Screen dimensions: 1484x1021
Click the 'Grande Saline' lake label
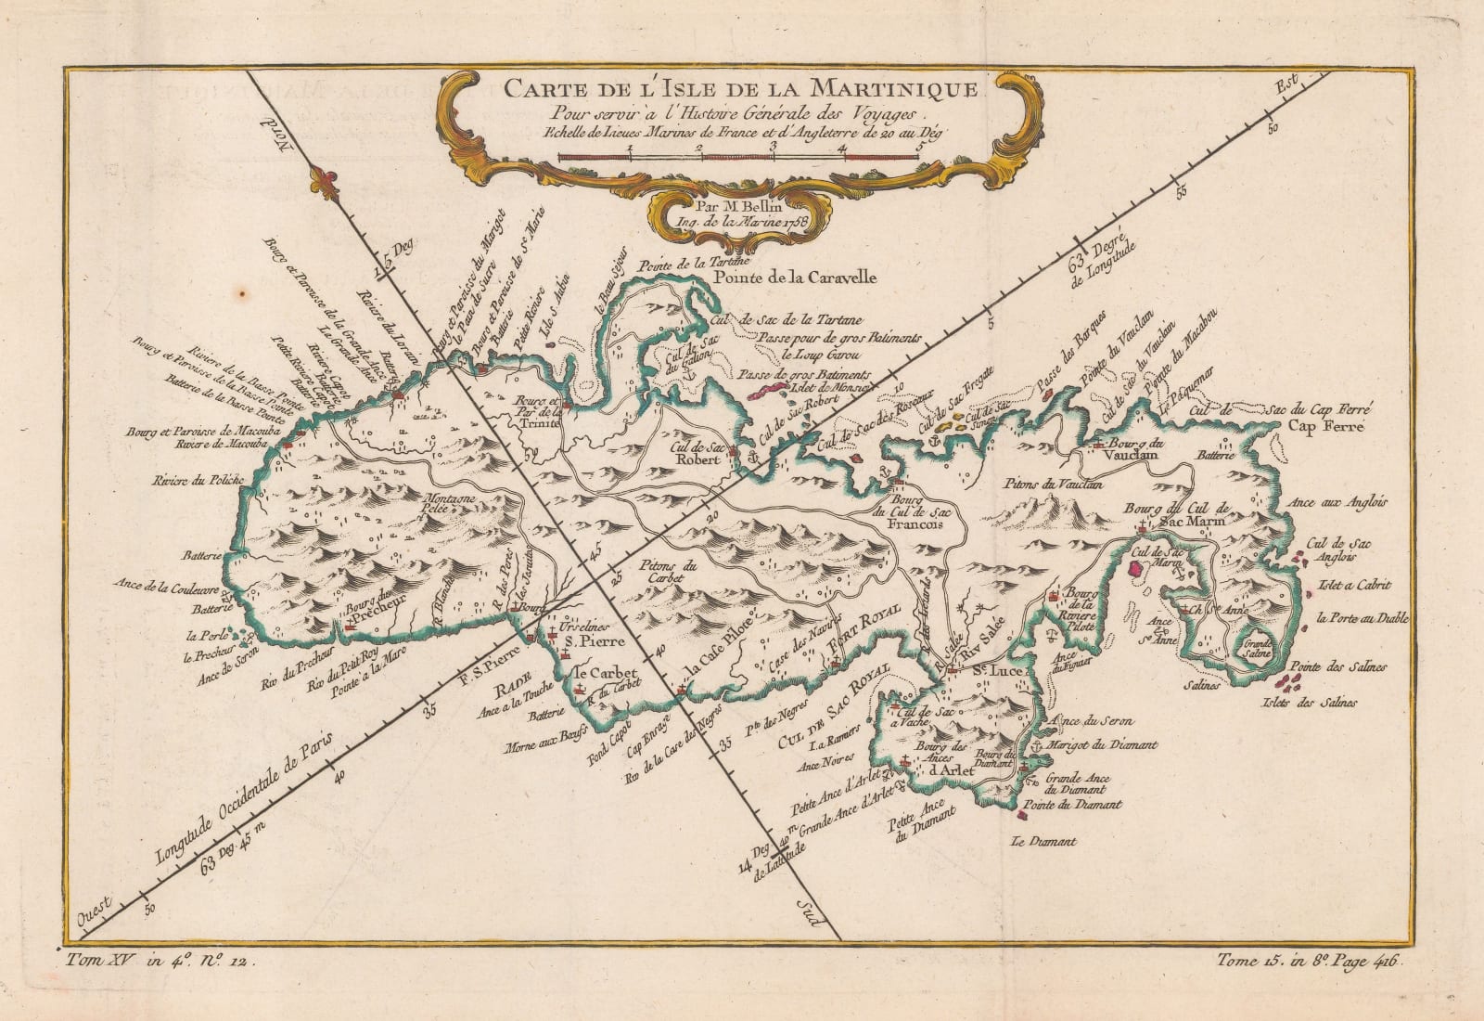click(1258, 647)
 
